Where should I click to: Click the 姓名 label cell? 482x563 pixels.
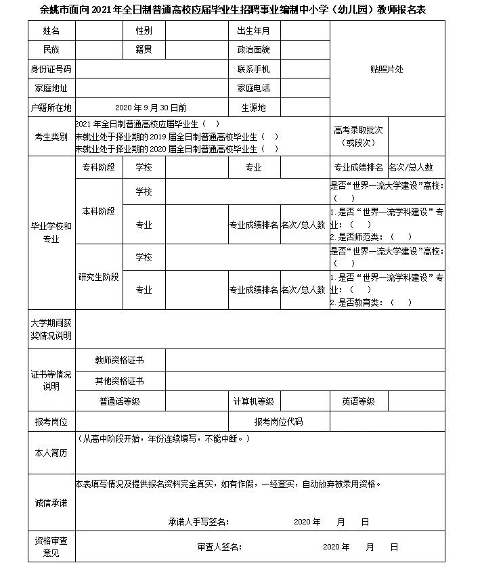tap(51, 31)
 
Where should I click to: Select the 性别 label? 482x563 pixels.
tap(144, 31)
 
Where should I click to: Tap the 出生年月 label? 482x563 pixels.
tap(253, 31)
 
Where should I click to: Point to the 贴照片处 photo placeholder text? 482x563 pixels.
tap(387, 69)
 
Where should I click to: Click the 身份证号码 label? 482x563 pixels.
tap(51, 69)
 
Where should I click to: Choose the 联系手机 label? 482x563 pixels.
tap(253, 69)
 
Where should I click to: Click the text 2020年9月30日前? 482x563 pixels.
tap(151, 108)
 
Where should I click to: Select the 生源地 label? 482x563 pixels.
tap(253, 108)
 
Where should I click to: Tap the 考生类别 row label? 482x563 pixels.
tap(51, 137)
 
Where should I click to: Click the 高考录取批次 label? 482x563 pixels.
tap(359, 136)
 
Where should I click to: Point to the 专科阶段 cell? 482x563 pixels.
tap(98, 167)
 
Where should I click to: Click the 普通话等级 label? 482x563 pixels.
tap(119, 401)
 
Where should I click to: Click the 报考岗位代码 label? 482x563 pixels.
tap(278, 422)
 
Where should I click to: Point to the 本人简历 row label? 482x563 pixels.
tap(51, 453)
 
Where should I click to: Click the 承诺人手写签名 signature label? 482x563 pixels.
tap(198, 522)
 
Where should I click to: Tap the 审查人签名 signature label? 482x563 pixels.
tap(219, 547)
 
